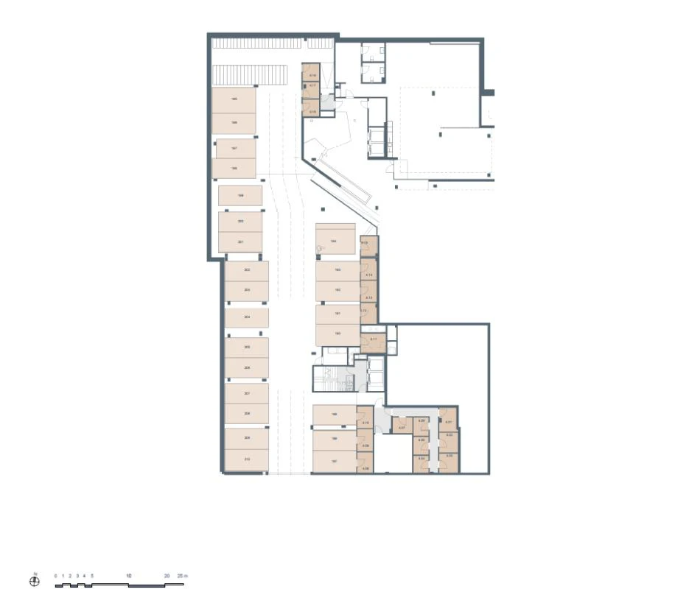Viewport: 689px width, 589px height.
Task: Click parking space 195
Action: coord(234,100)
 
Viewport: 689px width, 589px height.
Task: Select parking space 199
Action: coord(240,196)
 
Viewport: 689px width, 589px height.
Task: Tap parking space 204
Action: coord(246,318)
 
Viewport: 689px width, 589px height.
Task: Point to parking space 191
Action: coord(337,314)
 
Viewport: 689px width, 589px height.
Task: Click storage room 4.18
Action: coord(312,76)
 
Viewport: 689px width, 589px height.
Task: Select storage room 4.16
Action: coord(312,112)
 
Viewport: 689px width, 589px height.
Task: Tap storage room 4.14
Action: coord(369,275)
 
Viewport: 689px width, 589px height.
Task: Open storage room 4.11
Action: coord(373,339)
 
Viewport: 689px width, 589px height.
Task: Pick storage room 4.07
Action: coord(402,426)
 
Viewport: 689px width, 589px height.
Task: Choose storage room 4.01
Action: coord(449,422)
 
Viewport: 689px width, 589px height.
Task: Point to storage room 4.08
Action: coord(365,446)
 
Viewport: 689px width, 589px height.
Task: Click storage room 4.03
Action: coord(449,457)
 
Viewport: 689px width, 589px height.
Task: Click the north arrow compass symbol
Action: coord(34,580)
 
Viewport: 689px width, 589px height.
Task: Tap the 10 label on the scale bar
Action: coord(128,575)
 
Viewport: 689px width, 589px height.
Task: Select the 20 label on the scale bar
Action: coord(167,575)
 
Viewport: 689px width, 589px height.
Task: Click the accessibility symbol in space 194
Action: coord(321,250)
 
